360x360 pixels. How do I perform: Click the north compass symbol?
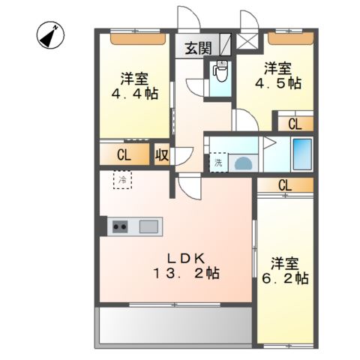pos(50,34)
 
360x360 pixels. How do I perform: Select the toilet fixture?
pos(220,73)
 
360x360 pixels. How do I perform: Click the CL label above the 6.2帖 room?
pos(285,184)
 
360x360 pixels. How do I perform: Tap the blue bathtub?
pos(302,154)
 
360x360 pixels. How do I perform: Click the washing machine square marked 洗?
pos(217,161)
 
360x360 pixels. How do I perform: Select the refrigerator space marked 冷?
pos(122,180)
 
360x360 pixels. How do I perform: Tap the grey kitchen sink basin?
pos(148,226)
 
